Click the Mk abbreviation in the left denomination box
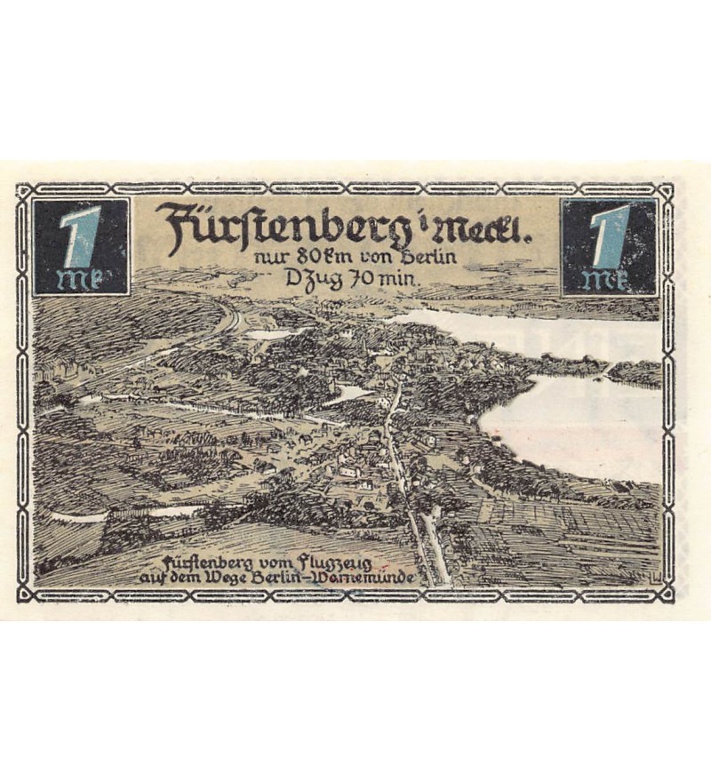[x=80, y=278]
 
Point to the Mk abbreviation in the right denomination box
[x=608, y=279]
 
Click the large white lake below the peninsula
[x=578, y=427]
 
